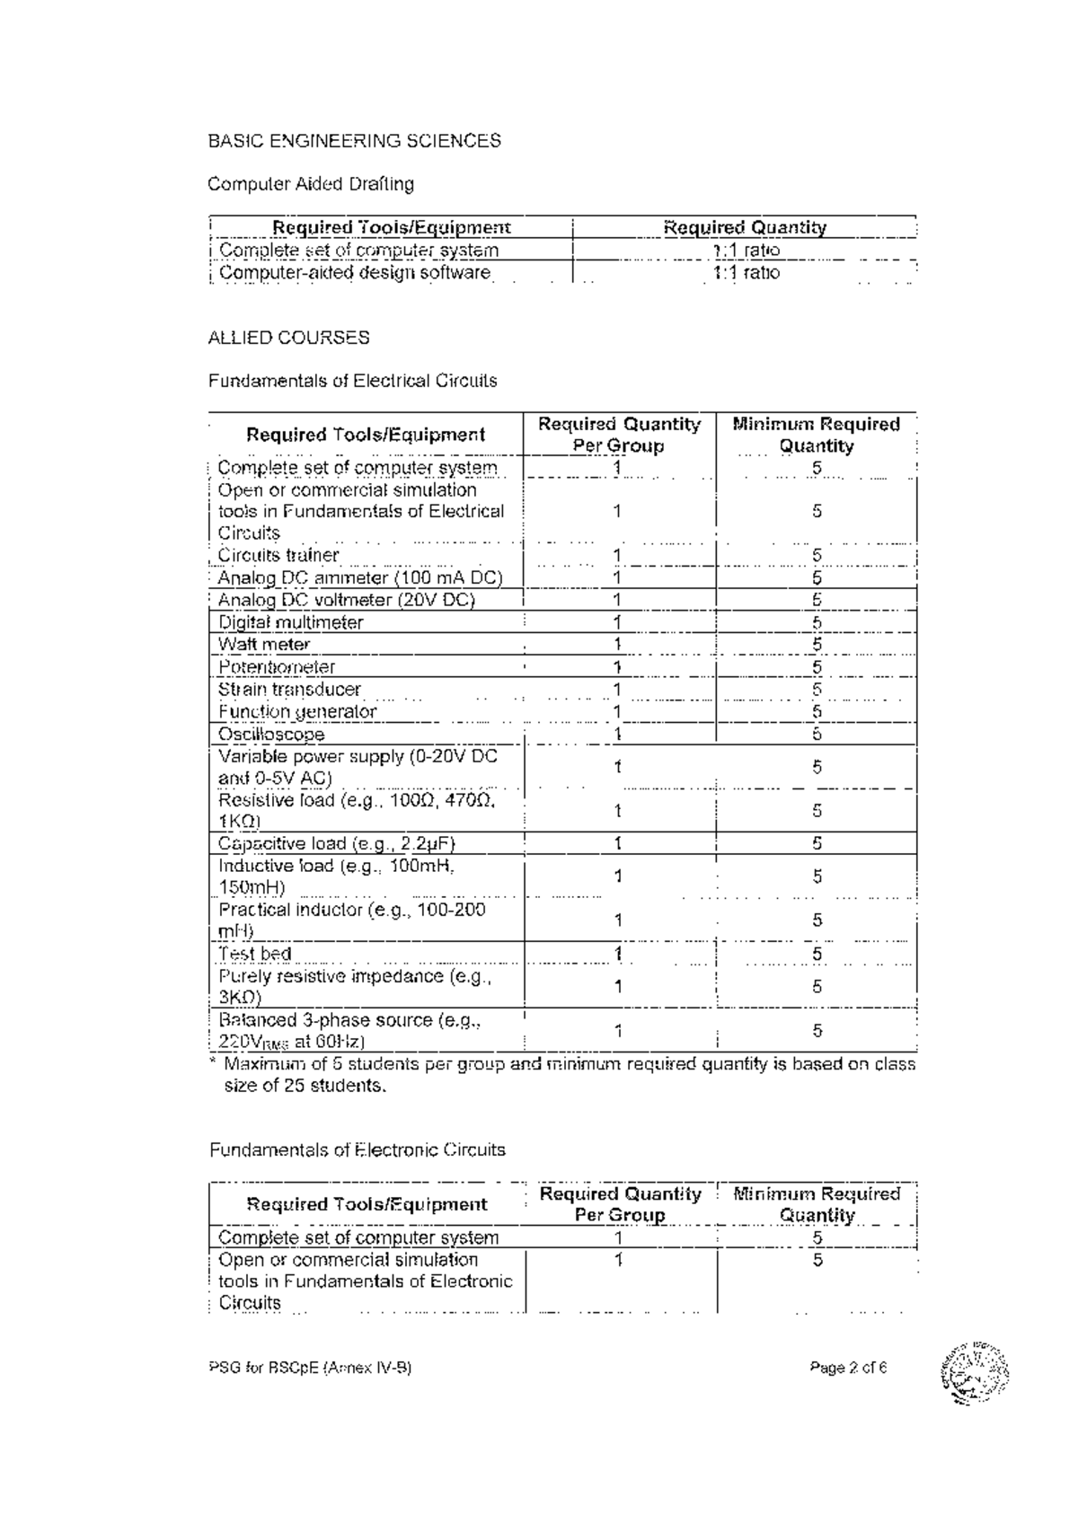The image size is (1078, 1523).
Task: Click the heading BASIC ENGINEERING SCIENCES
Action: click(354, 141)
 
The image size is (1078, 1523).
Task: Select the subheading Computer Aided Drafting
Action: click(311, 184)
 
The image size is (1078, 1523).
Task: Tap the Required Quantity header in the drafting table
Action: click(744, 228)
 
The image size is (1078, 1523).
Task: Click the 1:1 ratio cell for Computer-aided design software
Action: click(746, 273)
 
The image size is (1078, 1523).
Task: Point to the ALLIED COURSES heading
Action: click(288, 338)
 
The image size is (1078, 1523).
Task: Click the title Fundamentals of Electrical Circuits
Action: click(352, 381)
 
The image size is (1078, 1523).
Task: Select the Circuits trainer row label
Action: click(278, 555)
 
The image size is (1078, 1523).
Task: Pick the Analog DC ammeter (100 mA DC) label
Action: click(359, 577)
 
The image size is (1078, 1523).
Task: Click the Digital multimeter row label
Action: click(290, 622)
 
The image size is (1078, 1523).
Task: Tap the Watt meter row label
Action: click(264, 644)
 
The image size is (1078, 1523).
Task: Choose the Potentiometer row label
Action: click(277, 667)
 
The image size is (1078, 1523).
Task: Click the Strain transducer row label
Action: click(289, 690)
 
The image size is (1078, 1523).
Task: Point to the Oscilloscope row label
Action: click(271, 735)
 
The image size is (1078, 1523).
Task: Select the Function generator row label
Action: click(297, 712)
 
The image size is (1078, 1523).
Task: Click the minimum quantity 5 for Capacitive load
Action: click(817, 843)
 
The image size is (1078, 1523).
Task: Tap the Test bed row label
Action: click(255, 954)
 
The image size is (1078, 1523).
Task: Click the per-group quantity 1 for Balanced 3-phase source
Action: click(618, 1031)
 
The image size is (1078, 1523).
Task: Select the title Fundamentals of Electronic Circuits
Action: click(357, 1150)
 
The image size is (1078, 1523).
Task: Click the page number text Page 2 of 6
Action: click(847, 1369)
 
